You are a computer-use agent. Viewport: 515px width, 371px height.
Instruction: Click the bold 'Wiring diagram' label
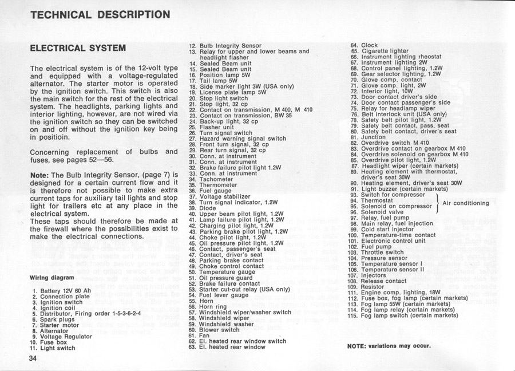52,279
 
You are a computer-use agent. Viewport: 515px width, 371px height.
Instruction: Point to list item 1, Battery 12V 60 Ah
65,291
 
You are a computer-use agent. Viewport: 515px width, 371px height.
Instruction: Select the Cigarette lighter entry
380,51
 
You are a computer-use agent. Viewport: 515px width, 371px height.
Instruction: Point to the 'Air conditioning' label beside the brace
466,203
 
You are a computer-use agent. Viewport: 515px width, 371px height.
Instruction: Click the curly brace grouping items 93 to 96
437,203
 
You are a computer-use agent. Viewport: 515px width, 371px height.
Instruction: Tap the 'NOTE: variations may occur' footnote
389,346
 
